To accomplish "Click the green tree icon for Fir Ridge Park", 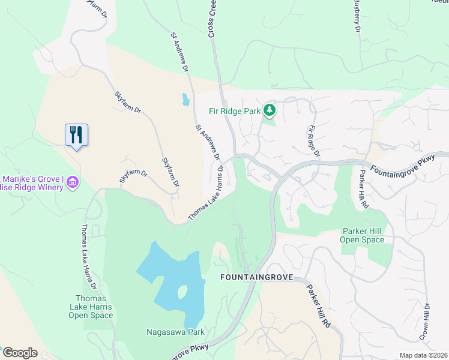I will pos(270,110).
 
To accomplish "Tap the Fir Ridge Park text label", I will pos(235,110).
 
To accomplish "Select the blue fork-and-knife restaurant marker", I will pos(76,134).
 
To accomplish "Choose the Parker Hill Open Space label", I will pos(363,235).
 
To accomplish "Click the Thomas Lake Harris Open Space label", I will pos(91,307).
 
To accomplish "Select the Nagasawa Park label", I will pos(175,332).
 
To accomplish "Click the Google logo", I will pos(20,353).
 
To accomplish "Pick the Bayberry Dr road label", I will pos(356,16).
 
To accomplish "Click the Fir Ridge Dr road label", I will pos(314,142).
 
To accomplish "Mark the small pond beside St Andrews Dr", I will pos(185,100).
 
